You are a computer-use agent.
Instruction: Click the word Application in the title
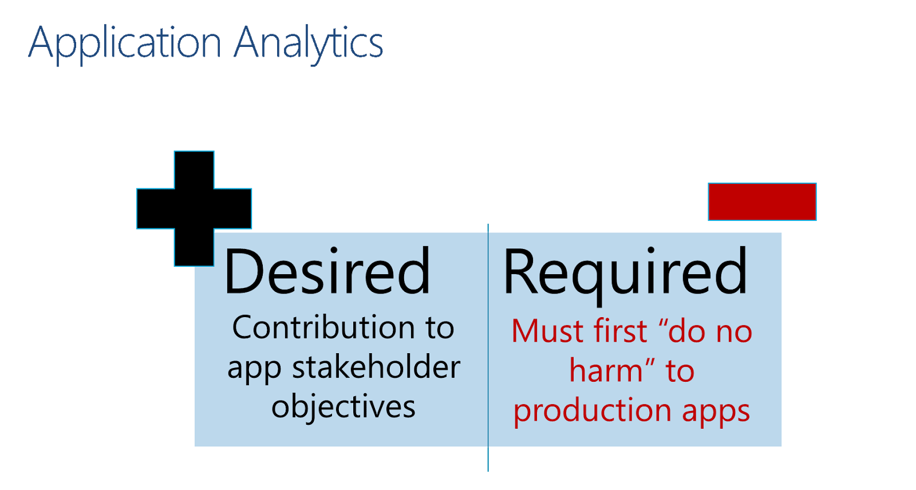click(125, 44)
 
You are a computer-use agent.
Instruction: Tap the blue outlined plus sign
click(194, 208)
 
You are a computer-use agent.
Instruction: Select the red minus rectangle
click(762, 201)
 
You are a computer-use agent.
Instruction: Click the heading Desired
click(327, 272)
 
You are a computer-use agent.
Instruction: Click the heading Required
click(625, 272)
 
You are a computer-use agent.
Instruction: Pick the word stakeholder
click(376, 367)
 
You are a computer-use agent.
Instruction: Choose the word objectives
click(343, 407)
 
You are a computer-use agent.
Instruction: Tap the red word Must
click(548, 331)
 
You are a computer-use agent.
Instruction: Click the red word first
click(621, 331)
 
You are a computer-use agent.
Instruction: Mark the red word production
click(593, 411)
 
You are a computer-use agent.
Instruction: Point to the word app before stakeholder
click(254, 368)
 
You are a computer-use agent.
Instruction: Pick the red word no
click(735, 332)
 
